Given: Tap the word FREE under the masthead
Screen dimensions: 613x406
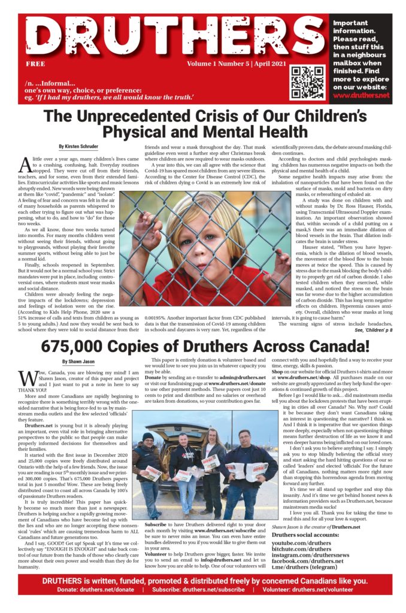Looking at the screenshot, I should coord(35,63).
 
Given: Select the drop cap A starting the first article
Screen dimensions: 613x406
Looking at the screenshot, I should coord(25,164).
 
